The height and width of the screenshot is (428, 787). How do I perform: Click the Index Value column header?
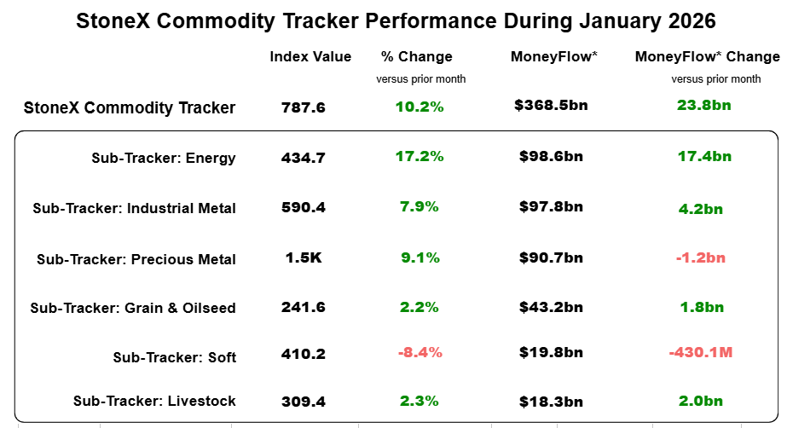[x=310, y=57]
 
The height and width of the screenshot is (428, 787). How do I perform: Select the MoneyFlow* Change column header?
[x=707, y=57]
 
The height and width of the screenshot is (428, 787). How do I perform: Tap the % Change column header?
[x=417, y=57]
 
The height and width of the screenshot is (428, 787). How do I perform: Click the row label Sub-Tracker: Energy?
[x=164, y=158]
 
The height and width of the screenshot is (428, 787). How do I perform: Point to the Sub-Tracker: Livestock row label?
[x=154, y=401]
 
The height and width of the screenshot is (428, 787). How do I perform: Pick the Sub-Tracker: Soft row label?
[x=174, y=357]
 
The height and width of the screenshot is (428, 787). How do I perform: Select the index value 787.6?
[x=304, y=107]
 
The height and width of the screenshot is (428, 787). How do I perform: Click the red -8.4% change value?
[x=420, y=353]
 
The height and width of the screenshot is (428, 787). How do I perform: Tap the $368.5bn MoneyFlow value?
[x=551, y=106]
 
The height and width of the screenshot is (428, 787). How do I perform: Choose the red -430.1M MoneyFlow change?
[x=701, y=352]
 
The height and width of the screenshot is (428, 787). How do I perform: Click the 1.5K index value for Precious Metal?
[x=304, y=257]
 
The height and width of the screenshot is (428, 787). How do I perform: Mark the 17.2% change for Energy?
[x=420, y=157]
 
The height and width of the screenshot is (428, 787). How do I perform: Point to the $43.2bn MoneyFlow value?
[x=551, y=307]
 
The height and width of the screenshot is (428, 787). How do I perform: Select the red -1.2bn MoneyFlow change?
[x=701, y=257]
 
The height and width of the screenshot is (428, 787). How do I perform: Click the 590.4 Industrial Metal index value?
[x=304, y=207]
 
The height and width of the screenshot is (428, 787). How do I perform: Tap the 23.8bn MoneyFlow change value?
[x=703, y=106]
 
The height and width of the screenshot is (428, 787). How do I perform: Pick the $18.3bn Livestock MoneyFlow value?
[x=551, y=402]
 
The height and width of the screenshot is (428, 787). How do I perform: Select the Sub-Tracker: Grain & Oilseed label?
[x=133, y=308]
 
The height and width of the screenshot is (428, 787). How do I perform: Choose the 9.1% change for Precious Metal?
[x=420, y=257]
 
